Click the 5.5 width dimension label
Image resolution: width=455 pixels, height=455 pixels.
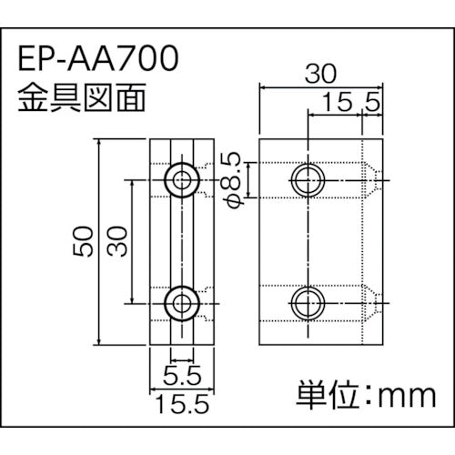coord(183,374)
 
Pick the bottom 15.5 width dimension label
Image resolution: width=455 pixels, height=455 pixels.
coord(181,400)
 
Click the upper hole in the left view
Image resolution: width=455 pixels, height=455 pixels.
coord(182,177)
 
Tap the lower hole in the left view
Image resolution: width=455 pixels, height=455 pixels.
coord(182,300)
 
